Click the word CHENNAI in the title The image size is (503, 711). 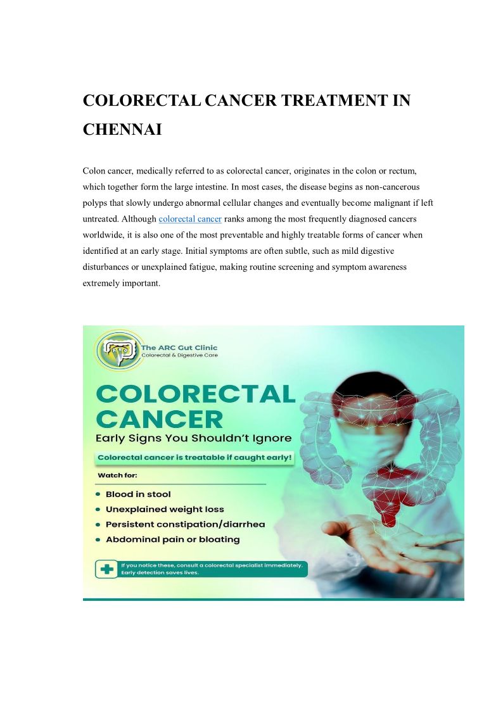(x=122, y=130)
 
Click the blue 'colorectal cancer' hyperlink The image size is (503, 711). (x=189, y=219)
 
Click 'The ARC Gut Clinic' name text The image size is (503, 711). (x=179, y=348)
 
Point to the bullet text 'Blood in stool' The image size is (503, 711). (x=138, y=494)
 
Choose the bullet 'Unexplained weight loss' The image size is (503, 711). (x=165, y=509)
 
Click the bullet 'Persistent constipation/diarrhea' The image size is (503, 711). (x=185, y=524)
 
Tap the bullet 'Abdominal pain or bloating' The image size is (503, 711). (x=172, y=539)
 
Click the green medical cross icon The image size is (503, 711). (x=106, y=569)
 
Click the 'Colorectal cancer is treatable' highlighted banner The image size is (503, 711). (x=195, y=458)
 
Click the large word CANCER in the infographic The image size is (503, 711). (x=160, y=418)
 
